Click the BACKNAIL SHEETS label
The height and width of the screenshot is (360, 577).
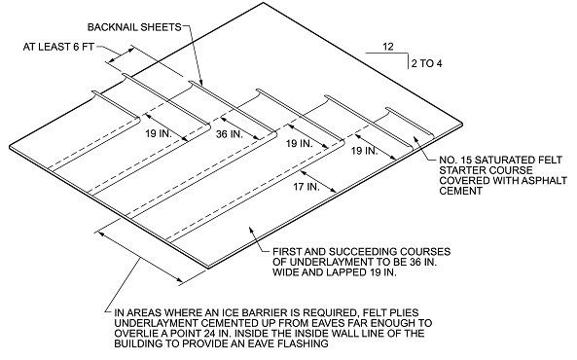point(134,27)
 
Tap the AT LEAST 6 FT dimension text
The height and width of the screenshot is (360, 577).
point(58,47)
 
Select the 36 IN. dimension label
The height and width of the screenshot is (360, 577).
point(230,134)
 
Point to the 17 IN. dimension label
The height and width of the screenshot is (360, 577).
point(307,187)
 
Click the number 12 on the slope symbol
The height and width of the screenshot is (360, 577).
point(388,47)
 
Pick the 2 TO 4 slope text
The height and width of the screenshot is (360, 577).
point(427,63)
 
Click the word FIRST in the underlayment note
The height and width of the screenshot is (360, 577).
point(285,252)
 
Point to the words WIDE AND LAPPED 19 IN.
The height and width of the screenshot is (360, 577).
point(335,272)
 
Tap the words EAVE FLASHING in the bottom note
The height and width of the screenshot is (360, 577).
point(291,343)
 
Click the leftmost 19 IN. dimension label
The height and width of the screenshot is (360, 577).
point(159,133)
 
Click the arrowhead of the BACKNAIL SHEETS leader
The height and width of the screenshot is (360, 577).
point(200,84)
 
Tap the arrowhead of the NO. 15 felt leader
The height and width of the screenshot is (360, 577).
point(415,138)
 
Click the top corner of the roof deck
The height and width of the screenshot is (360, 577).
point(263,3)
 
